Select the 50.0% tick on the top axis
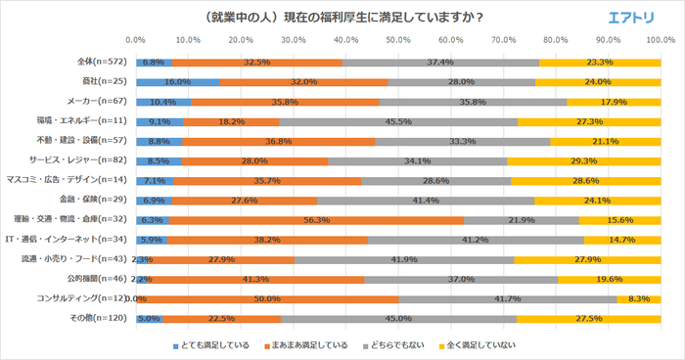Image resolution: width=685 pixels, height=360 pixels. [x=398, y=41]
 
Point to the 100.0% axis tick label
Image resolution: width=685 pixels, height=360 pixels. [x=659, y=41]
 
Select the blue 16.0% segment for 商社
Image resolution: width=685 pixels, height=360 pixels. [x=178, y=82]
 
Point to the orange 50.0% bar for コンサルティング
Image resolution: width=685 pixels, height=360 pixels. [x=267, y=297]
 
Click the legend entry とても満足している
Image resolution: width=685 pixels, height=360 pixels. [x=215, y=344]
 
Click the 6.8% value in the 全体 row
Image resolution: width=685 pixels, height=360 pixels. [x=154, y=62]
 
